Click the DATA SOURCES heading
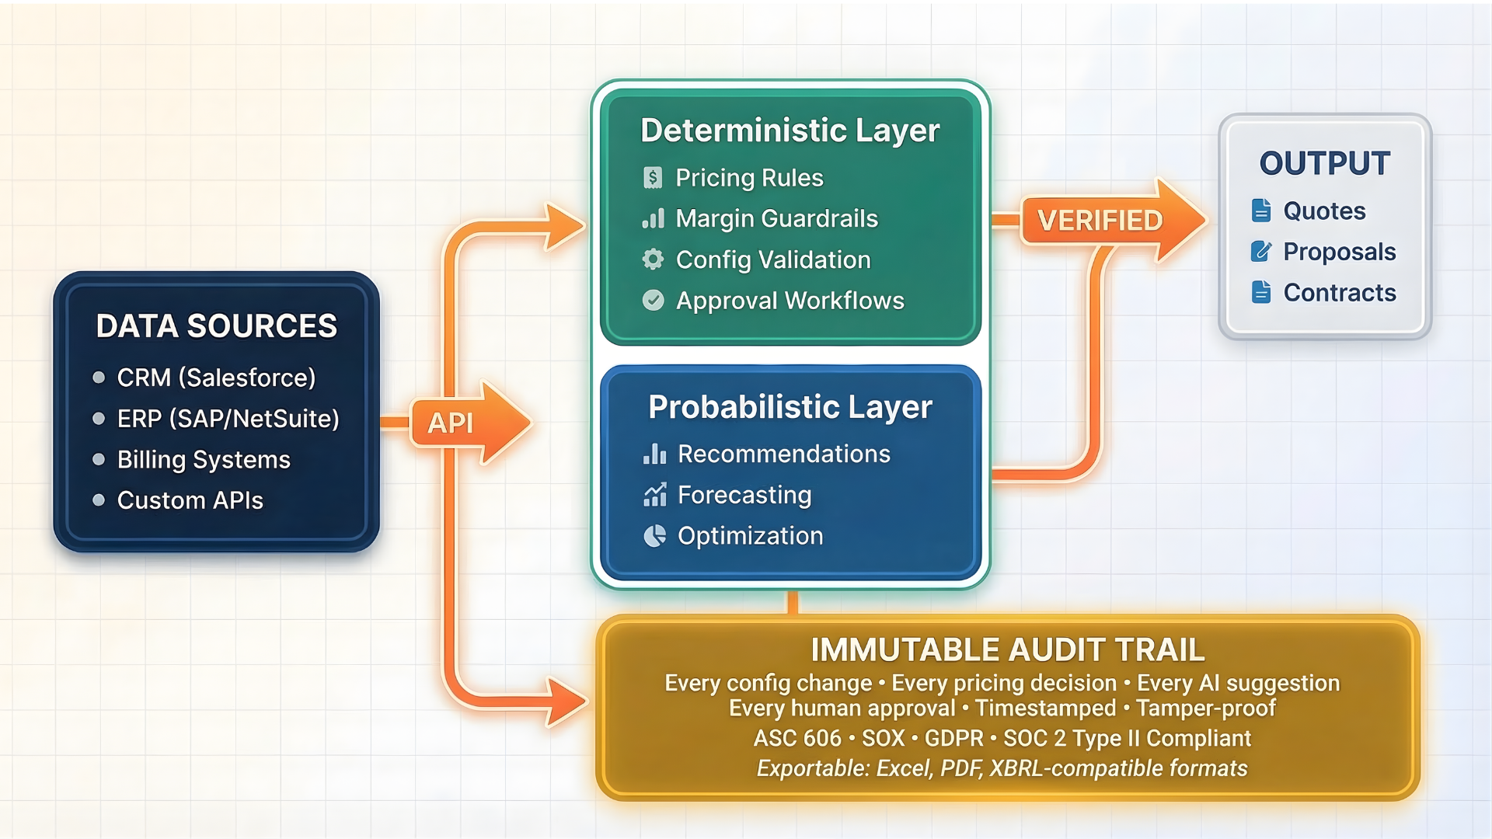pyautogui.click(x=216, y=326)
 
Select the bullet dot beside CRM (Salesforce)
pyautogui.click(x=99, y=378)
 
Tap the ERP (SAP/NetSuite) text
pyautogui.click(x=228, y=419)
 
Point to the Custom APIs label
pyautogui.click(x=190, y=500)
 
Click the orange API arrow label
pyautogui.click(x=451, y=423)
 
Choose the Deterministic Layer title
pyautogui.click(x=790, y=131)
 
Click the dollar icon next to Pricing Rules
pyautogui.click(x=653, y=178)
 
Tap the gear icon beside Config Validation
pyautogui.click(x=653, y=259)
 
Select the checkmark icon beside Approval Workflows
pyautogui.click(x=653, y=301)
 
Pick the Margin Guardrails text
pyautogui.click(x=776, y=219)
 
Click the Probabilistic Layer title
pyautogui.click(x=790, y=407)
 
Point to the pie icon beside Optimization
pyautogui.click(x=654, y=536)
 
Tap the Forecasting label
pyautogui.click(x=744, y=495)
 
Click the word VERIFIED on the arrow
pyautogui.click(x=1100, y=221)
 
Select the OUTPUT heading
pyautogui.click(x=1324, y=164)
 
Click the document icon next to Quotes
pyautogui.click(x=1261, y=211)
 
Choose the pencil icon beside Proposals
pyautogui.click(x=1261, y=252)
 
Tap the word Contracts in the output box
pyautogui.click(x=1339, y=293)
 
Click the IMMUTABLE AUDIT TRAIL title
pyautogui.click(x=1007, y=650)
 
